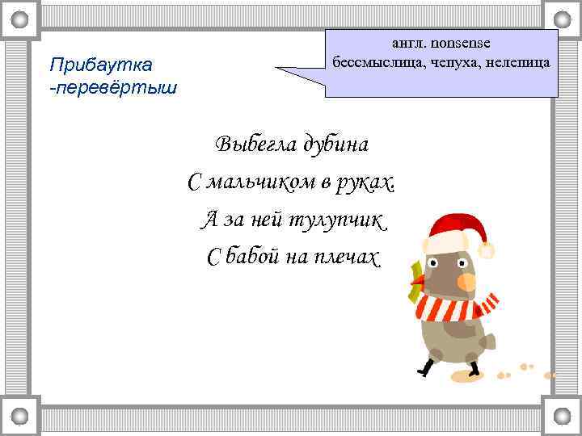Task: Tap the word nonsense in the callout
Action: [467, 43]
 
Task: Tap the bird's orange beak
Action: [466, 281]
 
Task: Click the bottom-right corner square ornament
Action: [562, 417]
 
